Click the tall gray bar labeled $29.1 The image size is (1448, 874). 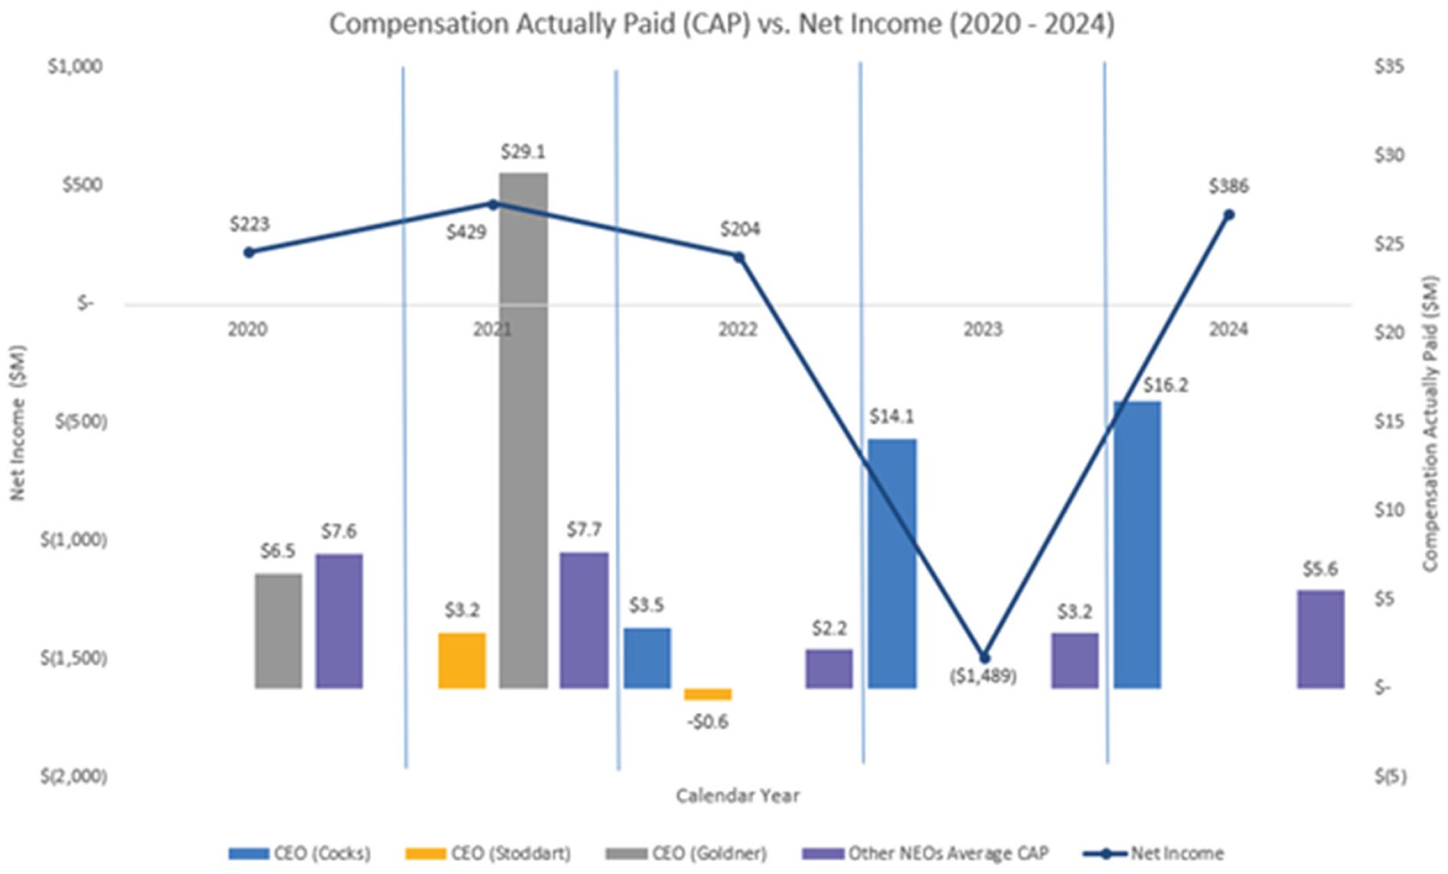click(523, 429)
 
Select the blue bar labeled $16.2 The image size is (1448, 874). click(1137, 543)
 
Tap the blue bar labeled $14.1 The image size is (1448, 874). click(892, 563)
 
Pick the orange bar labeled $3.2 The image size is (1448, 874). click(461, 660)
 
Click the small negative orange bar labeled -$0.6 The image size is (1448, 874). click(707, 694)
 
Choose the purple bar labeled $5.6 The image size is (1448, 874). click(1320, 639)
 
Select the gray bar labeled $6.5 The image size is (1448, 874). click(279, 631)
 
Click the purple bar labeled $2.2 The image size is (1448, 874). click(829, 668)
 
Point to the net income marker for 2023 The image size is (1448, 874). click(984, 658)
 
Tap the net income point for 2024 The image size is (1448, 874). click(1229, 215)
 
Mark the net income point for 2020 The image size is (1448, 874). click(249, 253)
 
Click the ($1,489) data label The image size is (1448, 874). click(983, 677)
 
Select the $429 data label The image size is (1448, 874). click(466, 232)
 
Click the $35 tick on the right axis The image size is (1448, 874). click(1389, 67)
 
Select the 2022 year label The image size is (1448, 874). click(737, 330)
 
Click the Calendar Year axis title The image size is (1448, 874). click(737, 796)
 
